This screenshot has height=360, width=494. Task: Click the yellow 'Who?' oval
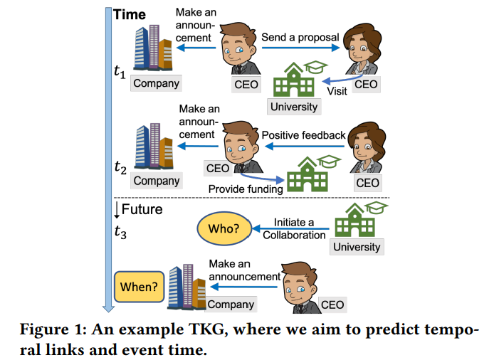click(223, 229)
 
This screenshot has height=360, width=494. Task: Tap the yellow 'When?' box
click(139, 287)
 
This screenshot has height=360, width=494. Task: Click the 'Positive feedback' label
click(304, 135)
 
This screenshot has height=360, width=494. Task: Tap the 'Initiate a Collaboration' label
click(294, 228)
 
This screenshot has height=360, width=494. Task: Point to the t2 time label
click(120, 168)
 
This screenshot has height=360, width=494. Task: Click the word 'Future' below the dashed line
click(142, 209)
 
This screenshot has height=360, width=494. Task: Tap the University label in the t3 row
click(356, 248)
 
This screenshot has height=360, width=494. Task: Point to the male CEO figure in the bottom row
click(298, 284)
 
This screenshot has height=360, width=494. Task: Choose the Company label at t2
click(157, 181)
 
